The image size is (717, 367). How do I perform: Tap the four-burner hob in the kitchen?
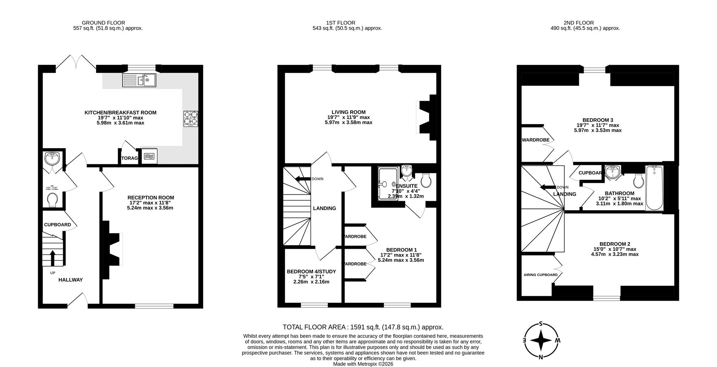(x=190, y=118)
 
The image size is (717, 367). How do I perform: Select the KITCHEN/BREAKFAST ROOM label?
(x=120, y=113)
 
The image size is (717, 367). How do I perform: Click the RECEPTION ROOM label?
(x=150, y=198)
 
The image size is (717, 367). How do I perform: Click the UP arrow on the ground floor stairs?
(x=52, y=258)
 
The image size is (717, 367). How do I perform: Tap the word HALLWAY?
(x=71, y=280)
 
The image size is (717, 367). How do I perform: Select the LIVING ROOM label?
(x=348, y=112)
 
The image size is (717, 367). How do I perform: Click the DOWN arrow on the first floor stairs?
(x=302, y=179)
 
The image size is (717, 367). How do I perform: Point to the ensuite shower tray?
(x=388, y=183)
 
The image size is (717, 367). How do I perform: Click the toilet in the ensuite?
(x=426, y=181)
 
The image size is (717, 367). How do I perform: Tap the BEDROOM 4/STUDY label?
(x=311, y=272)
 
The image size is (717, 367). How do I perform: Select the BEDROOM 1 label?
(x=401, y=250)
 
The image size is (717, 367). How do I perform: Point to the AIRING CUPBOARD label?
(x=540, y=275)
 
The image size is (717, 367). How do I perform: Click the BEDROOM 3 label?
(x=597, y=120)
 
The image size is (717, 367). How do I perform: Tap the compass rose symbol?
(x=541, y=341)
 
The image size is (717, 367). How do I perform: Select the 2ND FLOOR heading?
(x=578, y=23)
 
